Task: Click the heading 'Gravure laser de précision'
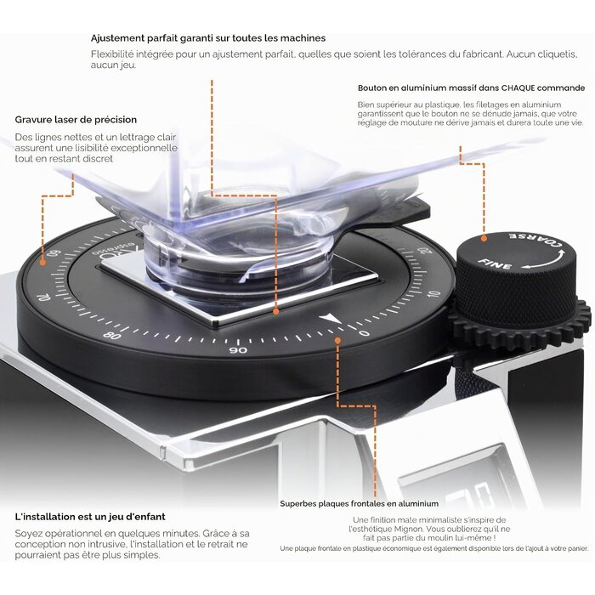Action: coord(76,120)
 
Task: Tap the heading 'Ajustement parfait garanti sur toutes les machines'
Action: coord(208,38)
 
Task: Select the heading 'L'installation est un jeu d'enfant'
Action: coord(90,517)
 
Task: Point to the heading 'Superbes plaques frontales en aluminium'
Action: coord(360,503)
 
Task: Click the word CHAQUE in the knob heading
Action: coord(518,88)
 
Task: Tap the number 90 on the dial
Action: coord(238,350)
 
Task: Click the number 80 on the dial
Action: coord(112,336)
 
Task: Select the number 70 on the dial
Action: coord(45,297)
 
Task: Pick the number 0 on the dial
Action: coord(365,333)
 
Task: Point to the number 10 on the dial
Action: coord(433,295)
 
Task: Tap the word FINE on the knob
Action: coord(495,263)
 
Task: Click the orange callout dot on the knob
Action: coord(484,238)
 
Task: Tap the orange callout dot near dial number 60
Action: coord(42,262)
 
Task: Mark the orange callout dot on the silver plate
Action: coord(276,311)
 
